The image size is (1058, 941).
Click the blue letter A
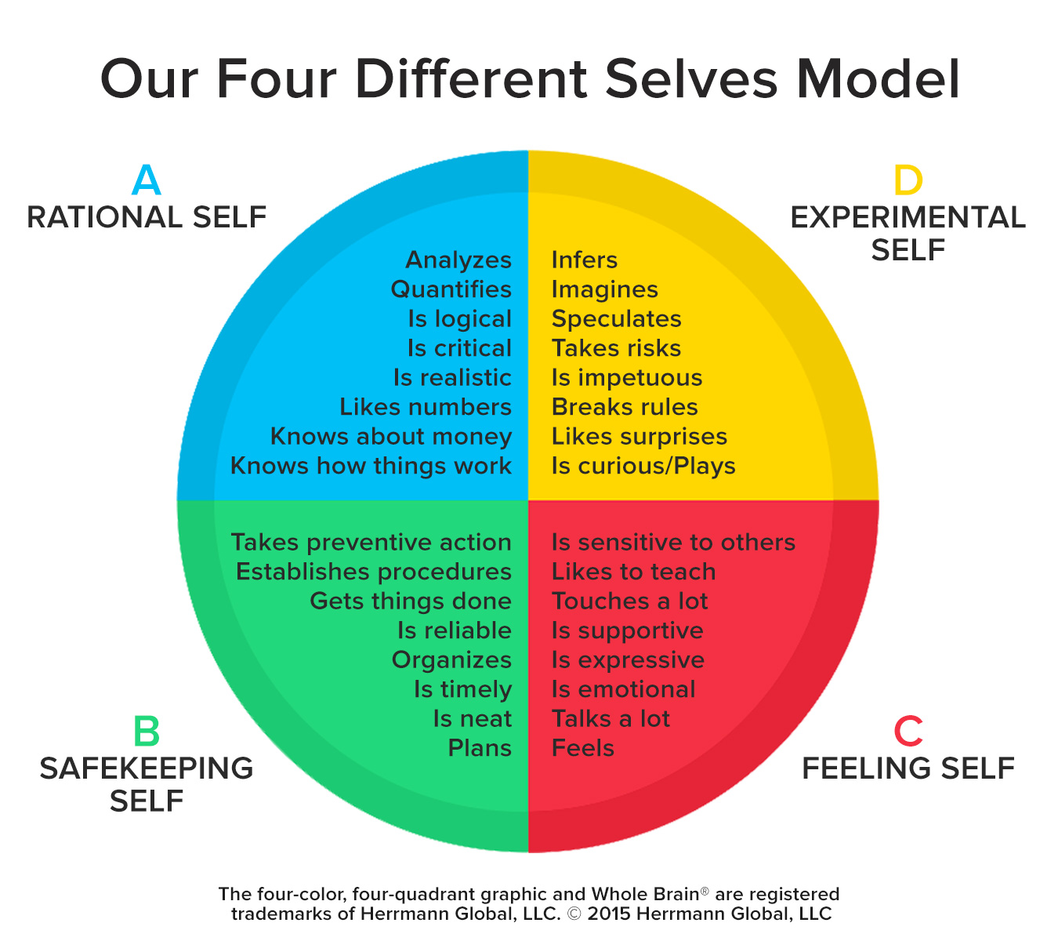(x=147, y=180)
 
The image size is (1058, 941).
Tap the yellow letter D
(x=908, y=180)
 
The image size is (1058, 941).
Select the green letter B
(x=147, y=732)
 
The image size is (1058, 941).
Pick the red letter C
(x=908, y=732)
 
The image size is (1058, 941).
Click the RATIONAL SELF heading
(x=147, y=217)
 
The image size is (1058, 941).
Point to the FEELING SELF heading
(x=908, y=768)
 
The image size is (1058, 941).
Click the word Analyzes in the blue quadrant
(x=458, y=260)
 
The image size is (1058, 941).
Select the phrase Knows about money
(x=391, y=437)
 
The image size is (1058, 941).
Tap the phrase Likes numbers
(x=426, y=407)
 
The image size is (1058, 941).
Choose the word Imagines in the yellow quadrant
(x=604, y=290)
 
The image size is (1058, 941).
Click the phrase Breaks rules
(x=625, y=407)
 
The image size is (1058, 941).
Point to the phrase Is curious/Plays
(x=643, y=466)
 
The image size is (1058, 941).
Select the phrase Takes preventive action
(x=371, y=543)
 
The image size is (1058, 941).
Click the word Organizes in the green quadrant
(x=451, y=660)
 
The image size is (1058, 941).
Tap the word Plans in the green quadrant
(x=480, y=748)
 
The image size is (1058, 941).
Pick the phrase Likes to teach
(x=633, y=572)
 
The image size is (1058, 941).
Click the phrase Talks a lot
(x=611, y=719)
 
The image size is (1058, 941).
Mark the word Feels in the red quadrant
(x=583, y=748)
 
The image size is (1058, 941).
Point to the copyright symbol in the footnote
(x=574, y=914)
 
